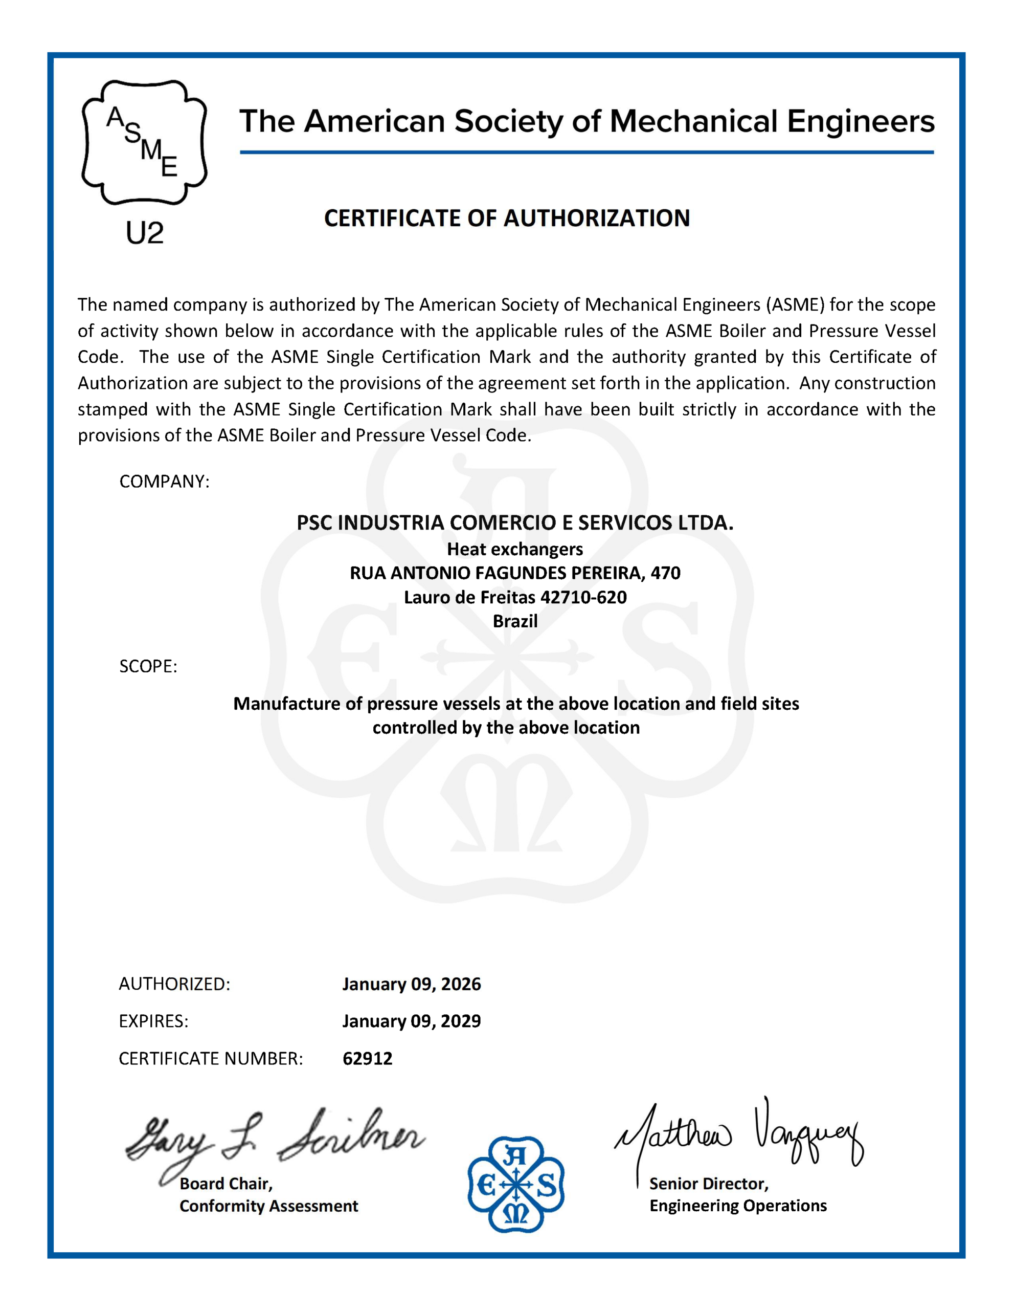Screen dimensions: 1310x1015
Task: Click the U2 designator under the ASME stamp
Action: coord(145,233)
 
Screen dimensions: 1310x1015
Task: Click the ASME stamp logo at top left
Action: coord(145,143)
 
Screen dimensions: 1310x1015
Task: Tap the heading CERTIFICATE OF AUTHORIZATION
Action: coord(507,219)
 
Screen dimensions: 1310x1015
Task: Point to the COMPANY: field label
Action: coord(164,482)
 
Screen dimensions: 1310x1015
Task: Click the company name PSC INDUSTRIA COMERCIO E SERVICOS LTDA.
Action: coord(515,523)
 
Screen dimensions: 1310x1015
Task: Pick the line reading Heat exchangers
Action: coord(515,550)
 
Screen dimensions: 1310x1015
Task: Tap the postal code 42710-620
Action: coord(583,597)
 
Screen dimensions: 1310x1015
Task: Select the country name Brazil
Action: coord(515,621)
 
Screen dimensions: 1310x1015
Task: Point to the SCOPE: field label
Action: coord(148,666)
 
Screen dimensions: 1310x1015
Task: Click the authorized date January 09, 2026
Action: coord(411,985)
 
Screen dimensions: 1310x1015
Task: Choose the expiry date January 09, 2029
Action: coord(411,1021)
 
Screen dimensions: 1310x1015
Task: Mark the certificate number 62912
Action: coord(368,1059)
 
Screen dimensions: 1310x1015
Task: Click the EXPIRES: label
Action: coord(153,1021)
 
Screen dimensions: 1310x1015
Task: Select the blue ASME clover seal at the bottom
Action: coord(515,1185)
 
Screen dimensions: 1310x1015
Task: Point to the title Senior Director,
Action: coord(709,1184)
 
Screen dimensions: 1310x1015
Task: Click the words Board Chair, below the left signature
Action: coord(226,1184)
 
